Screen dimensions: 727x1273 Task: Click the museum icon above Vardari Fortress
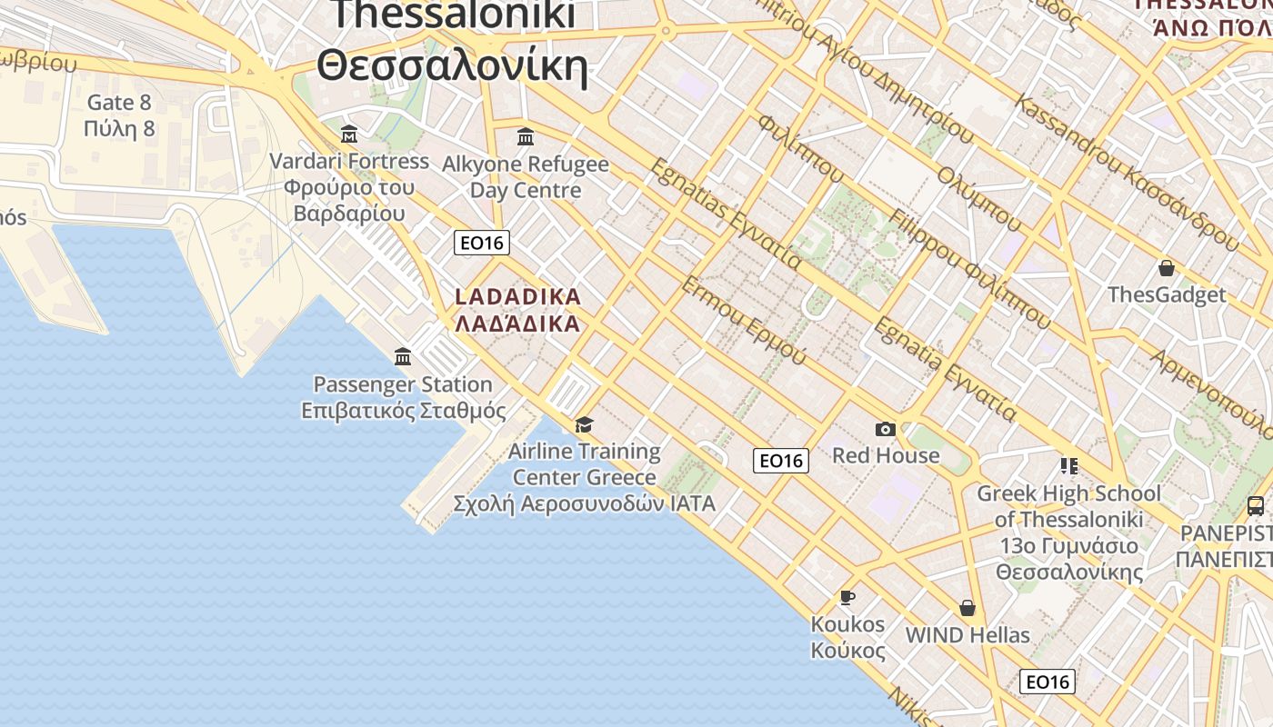pos(348,135)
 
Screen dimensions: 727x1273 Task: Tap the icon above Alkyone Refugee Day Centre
pos(526,137)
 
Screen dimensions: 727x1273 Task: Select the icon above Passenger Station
pos(403,356)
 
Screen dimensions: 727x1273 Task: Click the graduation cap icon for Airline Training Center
pos(584,424)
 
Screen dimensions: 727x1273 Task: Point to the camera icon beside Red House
pos(885,429)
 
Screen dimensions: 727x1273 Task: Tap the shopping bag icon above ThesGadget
pos(1166,268)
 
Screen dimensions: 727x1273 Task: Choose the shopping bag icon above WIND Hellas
pos(967,607)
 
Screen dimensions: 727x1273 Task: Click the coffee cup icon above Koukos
pos(847,597)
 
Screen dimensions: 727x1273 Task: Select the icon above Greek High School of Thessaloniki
pos(1068,466)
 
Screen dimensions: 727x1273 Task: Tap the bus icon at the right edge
pos(1255,506)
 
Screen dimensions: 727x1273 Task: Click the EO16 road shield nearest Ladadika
pos(482,243)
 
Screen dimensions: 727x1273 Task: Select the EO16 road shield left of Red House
pos(780,461)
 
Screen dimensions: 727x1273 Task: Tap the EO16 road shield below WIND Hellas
pos(1047,682)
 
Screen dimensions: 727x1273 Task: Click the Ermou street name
pos(743,321)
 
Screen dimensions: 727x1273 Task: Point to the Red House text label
pos(886,455)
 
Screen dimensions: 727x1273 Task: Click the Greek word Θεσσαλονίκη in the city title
pos(452,66)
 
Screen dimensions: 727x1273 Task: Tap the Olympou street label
pos(979,195)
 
